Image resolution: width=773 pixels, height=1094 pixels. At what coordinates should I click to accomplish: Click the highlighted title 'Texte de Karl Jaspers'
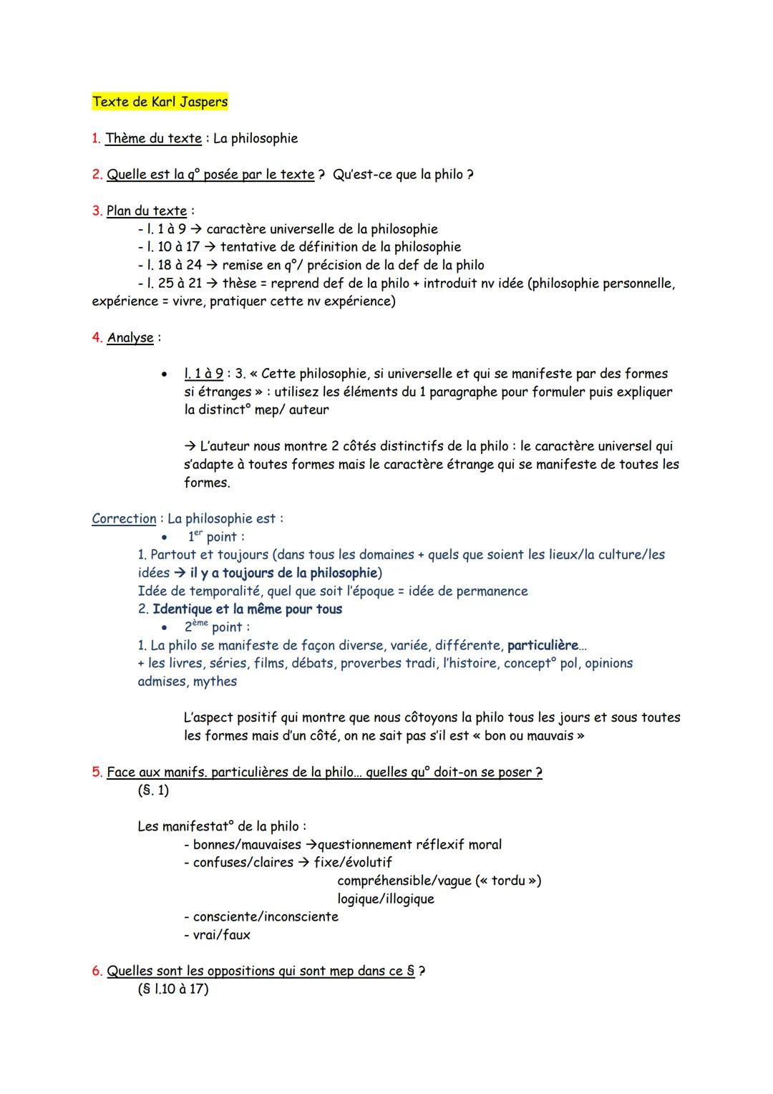(x=160, y=102)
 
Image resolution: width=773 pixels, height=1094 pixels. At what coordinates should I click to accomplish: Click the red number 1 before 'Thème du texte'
(x=95, y=138)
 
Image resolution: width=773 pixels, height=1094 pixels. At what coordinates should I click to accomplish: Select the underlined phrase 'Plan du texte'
(x=147, y=211)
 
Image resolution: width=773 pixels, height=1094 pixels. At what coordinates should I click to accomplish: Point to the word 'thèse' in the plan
(x=238, y=284)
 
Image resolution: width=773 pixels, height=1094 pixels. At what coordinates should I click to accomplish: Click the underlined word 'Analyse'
(x=130, y=338)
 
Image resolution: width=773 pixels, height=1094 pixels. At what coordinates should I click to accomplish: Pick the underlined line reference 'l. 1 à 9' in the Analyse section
(x=203, y=374)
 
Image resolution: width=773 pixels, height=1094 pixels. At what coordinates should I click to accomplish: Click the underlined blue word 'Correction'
(x=124, y=518)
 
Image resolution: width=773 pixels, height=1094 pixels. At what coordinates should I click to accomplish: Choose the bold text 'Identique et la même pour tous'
(x=247, y=609)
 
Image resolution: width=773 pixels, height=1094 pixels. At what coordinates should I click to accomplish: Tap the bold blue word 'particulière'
(x=542, y=645)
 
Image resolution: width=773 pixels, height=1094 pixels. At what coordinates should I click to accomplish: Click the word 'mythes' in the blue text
(x=215, y=682)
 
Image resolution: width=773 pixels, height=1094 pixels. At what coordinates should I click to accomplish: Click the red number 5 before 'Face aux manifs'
(x=96, y=773)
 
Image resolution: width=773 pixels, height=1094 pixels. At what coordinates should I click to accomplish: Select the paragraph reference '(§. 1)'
(x=153, y=790)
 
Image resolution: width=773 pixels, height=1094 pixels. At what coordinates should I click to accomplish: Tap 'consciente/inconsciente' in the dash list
(x=266, y=917)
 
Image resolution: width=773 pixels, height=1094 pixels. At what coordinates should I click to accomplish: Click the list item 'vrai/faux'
(x=221, y=935)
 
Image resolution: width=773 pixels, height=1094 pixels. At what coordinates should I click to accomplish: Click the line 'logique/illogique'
(x=386, y=899)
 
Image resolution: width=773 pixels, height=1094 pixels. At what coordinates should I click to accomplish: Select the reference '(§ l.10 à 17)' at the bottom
(x=172, y=989)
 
